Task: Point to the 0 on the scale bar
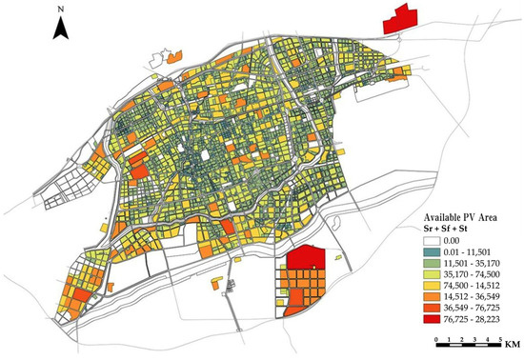434,339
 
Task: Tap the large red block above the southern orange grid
307,256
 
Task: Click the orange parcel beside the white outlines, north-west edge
172,58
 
